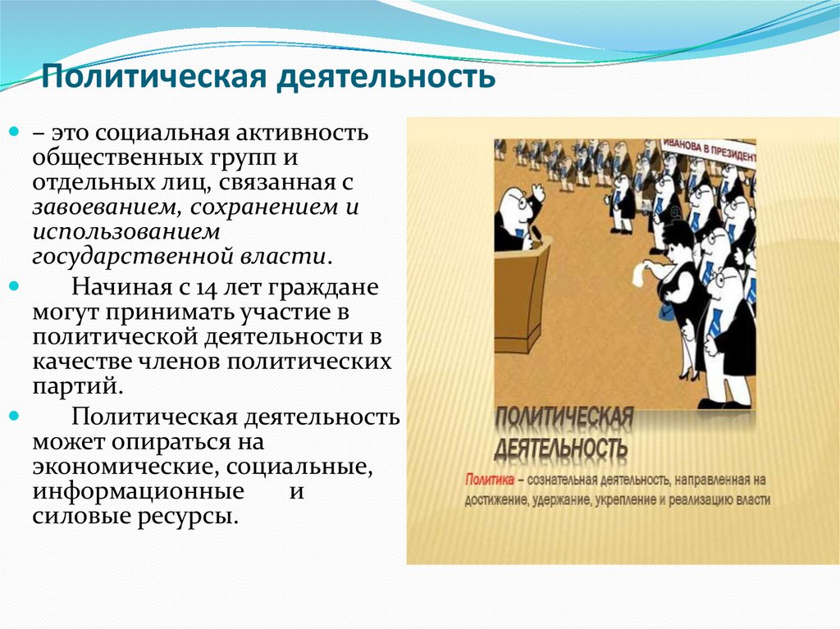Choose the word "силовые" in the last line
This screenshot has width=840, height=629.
coord(84,517)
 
